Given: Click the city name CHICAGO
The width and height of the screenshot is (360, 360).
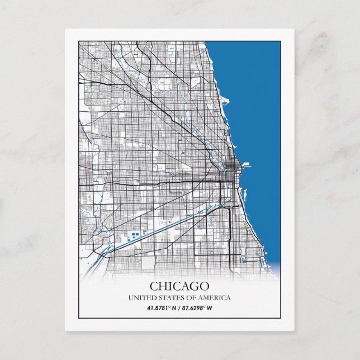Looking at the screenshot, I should pos(179,286).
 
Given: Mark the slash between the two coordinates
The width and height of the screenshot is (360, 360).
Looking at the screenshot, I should pos(179,308).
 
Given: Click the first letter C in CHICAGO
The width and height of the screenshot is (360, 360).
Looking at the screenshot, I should pos(153,286).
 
